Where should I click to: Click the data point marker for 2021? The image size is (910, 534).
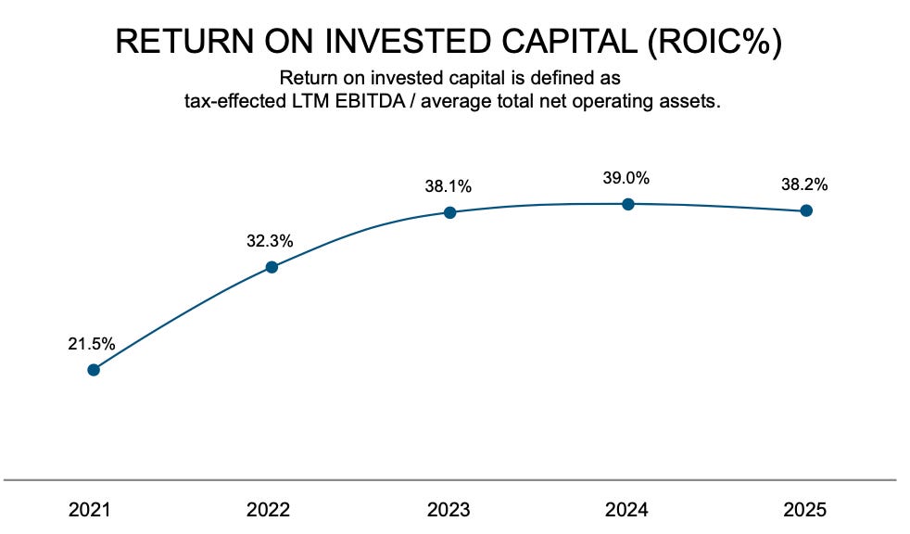(93, 370)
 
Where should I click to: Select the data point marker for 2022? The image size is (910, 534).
(272, 267)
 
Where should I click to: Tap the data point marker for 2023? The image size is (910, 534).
(449, 212)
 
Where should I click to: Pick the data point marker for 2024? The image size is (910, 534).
(628, 204)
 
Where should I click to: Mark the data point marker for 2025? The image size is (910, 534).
(806, 210)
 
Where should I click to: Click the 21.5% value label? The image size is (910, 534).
(92, 343)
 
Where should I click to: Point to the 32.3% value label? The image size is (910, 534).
(270, 241)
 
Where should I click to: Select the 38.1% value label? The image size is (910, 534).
(449, 186)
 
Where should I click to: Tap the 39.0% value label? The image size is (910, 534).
(627, 178)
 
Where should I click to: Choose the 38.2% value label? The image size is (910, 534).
(804, 184)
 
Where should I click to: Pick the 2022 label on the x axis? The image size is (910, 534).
(270, 510)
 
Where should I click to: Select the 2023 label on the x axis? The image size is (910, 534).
(449, 510)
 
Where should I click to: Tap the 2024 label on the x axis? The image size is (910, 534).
(627, 510)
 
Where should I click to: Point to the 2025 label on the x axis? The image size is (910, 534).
(805, 510)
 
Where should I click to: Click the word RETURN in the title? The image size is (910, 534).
(175, 42)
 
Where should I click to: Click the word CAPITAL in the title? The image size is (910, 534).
(550, 42)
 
